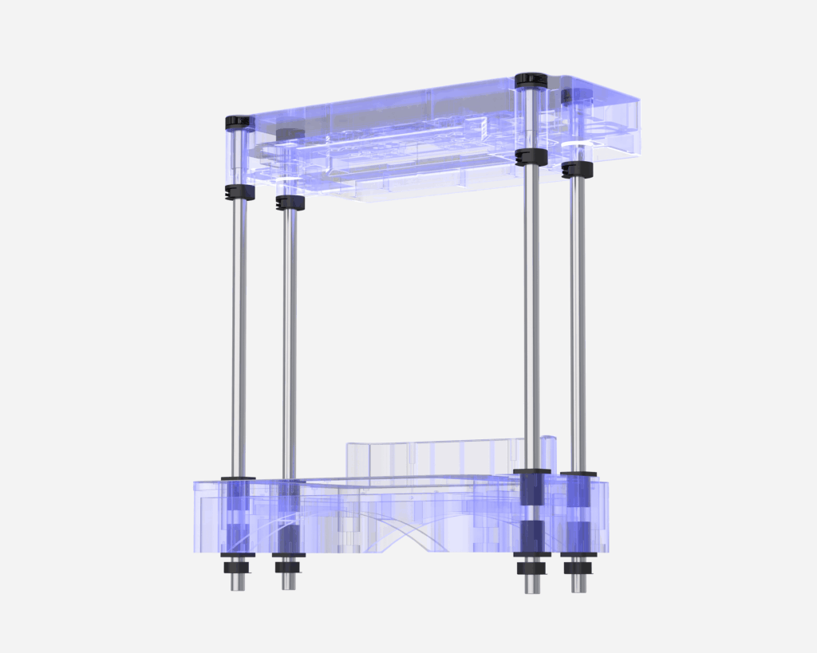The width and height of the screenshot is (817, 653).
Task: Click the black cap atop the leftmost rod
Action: click(x=238, y=122)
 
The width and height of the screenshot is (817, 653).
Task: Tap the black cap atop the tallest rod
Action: click(x=530, y=80)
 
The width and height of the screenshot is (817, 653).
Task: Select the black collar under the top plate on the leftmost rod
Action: click(x=239, y=192)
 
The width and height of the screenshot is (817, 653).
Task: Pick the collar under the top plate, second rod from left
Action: click(x=290, y=203)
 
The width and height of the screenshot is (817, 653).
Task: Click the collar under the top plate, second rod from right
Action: click(x=531, y=156)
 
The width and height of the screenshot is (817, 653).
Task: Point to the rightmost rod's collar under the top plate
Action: click(x=577, y=169)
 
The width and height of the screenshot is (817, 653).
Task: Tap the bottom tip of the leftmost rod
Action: click(x=238, y=584)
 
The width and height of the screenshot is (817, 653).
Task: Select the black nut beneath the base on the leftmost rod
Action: click(x=238, y=568)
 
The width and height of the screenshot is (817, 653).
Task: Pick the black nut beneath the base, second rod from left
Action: click(x=288, y=568)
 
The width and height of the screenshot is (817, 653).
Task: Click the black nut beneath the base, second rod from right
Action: click(x=531, y=568)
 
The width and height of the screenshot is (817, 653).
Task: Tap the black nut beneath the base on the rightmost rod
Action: click(x=577, y=568)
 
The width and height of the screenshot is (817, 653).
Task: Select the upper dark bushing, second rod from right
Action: click(x=531, y=489)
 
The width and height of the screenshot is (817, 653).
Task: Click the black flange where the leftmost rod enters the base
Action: click(x=238, y=478)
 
